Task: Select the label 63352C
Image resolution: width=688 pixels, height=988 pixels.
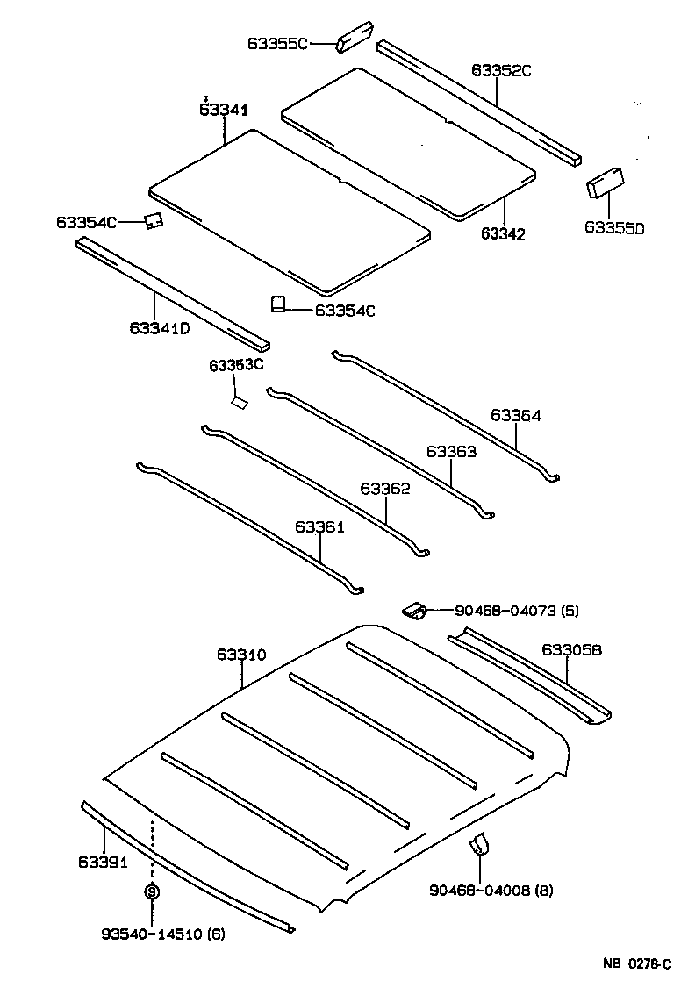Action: tap(502, 71)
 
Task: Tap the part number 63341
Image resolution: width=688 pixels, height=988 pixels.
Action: tap(224, 110)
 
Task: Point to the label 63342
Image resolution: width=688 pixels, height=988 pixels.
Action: tap(503, 233)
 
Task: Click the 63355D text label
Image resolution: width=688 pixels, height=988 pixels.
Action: tap(614, 228)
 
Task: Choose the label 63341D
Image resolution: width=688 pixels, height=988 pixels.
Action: tap(160, 329)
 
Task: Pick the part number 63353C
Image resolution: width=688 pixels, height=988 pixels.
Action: tap(236, 365)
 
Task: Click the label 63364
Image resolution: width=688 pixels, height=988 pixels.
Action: tap(516, 416)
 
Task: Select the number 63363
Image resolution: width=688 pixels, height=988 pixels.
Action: tap(451, 452)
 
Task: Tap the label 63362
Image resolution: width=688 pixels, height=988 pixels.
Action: tap(385, 489)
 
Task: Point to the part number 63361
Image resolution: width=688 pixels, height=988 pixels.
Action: tap(319, 526)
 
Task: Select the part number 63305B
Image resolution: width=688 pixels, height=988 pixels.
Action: tap(572, 650)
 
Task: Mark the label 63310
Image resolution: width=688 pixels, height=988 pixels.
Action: tap(241, 655)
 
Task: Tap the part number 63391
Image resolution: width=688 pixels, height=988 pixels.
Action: tap(104, 862)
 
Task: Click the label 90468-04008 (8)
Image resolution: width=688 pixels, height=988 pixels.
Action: tap(491, 891)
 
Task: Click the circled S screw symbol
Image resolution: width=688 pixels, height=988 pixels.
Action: tap(152, 892)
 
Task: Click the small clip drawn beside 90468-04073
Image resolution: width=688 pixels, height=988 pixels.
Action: tap(415, 610)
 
